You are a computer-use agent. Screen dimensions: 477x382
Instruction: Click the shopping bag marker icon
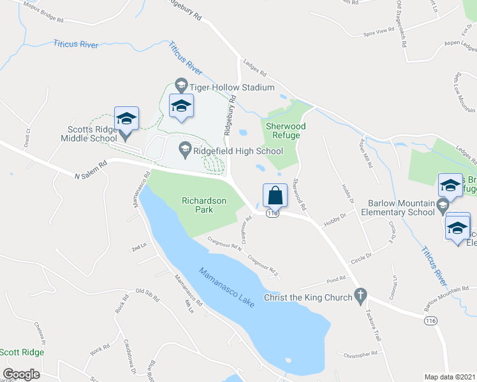(x=274, y=195)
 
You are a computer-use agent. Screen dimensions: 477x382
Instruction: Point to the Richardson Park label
(x=205, y=204)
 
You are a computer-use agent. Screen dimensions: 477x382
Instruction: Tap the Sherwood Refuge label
(x=285, y=131)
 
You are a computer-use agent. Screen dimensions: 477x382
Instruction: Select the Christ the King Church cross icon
(x=360, y=297)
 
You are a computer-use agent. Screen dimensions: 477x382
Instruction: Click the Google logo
(x=21, y=374)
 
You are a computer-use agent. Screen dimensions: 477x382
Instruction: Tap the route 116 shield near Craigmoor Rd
(x=273, y=214)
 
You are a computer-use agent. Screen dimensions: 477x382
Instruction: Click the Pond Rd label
(x=335, y=279)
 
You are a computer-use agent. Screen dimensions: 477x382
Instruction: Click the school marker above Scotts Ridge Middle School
(x=126, y=118)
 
